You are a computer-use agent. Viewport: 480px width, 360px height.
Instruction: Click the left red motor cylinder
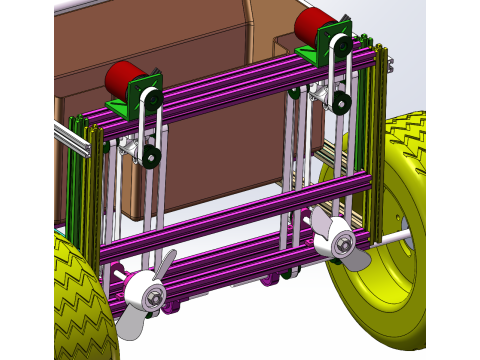(124, 79)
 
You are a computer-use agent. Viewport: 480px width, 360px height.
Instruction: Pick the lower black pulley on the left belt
(151, 157)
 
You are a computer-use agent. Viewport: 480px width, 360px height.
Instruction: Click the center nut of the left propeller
(153, 295)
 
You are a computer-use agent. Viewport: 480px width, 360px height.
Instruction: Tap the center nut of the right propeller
(343, 242)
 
